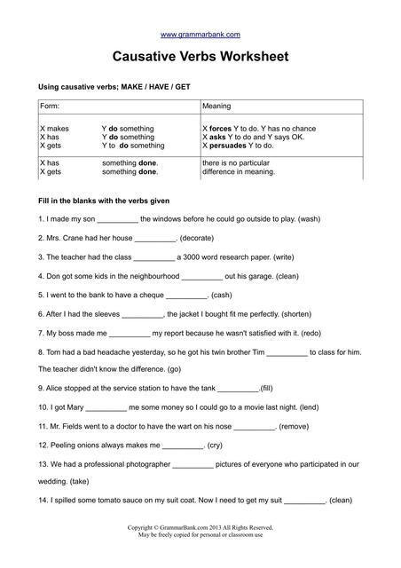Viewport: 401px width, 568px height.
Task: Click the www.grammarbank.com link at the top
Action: (200, 35)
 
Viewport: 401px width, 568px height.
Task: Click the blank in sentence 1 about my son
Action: (116, 219)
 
